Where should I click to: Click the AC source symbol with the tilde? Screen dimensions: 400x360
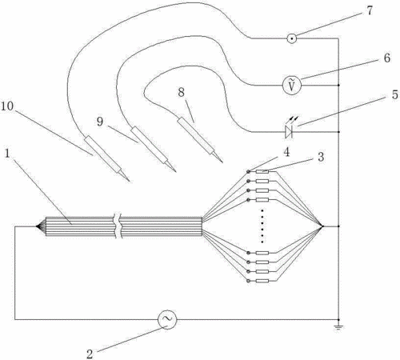pyautogui.click(x=167, y=319)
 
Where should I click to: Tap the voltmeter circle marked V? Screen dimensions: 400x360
pyautogui.click(x=292, y=86)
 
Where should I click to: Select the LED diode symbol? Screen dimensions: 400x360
pyautogui.click(x=289, y=132)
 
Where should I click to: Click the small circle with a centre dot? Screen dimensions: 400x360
pyautogui.click(x=292, y=38)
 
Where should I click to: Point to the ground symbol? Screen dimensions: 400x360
pyautogui.click(x=338, y=326)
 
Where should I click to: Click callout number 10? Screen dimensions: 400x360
pyautogui.click(x=7, y=106)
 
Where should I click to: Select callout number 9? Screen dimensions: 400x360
pyautogui.click(x=100, y=122)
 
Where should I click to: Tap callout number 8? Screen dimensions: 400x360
pyautogui.click(x=181, y=93)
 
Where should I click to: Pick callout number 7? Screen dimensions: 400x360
pyautogui.click(x=370, y=10)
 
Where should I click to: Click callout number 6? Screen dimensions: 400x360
pyautogui.click(x=387, y=58)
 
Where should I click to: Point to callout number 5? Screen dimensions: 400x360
pyautogui.click(x=395, y=95)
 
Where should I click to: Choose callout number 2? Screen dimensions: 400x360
pyautogui.click(x=90, y=354)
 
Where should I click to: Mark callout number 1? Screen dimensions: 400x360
pyautogui.click(x=7, y=154)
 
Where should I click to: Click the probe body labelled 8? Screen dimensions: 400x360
pyautogui.click(x=196, y=134)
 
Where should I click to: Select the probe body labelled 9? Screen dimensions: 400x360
pyautogui.click(x=150, y=145)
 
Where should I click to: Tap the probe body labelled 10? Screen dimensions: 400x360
pyautogui.click(x=102, y=154)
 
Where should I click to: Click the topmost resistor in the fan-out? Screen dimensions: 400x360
pyautogui.click(x=262, y=172)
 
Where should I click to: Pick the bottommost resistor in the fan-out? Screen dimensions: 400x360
pyautogui.click(x=262, y=281)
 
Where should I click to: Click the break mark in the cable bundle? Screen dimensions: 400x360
pyautogui.click(x=118, y=226)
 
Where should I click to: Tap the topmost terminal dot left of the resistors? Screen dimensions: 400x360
pyautogui.click(x=248, y=171)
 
